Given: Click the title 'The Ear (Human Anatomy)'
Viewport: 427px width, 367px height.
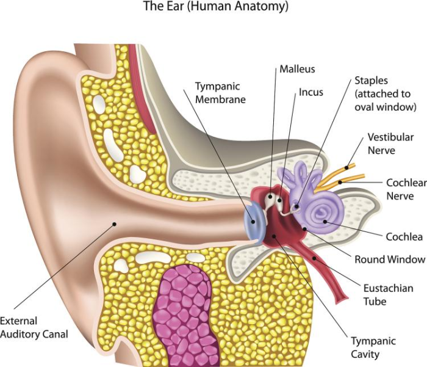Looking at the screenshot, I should tap(215, 8).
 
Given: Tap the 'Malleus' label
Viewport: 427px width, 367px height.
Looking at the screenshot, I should tap(298, 70).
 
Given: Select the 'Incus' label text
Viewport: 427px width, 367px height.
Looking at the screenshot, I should tap(311, 93).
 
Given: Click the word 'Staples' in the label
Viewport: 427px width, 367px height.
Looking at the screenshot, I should tap(371, 81).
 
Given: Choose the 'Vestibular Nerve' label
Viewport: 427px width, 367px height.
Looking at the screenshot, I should tap(390, 144).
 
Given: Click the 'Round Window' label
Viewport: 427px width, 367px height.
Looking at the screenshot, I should tap(390, 260).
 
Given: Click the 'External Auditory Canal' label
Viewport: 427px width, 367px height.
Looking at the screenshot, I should tap(34, 327).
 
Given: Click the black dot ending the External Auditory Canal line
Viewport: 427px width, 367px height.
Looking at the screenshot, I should tap(113, 225).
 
